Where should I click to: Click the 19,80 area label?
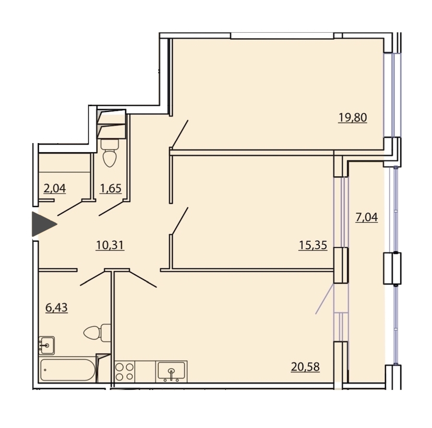point(352,118)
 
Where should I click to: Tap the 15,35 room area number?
point(312,245)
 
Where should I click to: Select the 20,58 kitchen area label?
point(305,367)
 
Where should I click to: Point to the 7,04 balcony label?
point(366,217)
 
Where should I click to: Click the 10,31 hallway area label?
point(110,245)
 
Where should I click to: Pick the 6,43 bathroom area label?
point(57,307)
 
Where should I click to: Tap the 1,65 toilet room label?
point(110,188)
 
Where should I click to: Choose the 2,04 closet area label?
point(55,188)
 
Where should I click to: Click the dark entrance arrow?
point(44,224)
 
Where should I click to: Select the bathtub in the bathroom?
point(68,370)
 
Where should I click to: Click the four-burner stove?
point(124,371)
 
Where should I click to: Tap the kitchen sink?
point(171,371)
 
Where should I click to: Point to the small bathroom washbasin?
point(47,345)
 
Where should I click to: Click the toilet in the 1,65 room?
point(109,153)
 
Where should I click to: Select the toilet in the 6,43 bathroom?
point(97,333)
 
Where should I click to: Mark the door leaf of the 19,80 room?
point(180,134)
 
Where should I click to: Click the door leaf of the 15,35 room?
point(180,221)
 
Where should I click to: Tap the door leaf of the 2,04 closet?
point(70,208)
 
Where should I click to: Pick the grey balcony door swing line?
point(324,299)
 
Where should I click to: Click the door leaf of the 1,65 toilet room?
point(111,208)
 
